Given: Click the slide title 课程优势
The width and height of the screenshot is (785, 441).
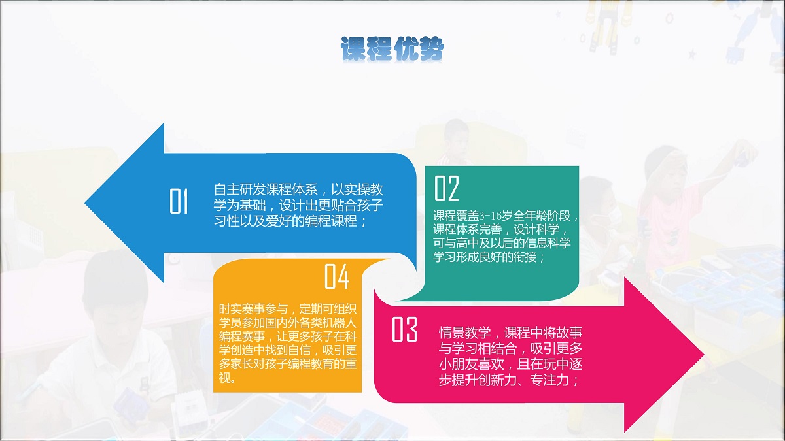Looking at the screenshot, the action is tap(392, 48).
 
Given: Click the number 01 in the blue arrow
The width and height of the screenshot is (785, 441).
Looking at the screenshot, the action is tap(179, 201).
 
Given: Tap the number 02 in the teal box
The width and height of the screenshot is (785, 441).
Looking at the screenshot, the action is tap(446, 188).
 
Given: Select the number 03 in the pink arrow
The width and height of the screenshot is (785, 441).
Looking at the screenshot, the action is tap(404, 329).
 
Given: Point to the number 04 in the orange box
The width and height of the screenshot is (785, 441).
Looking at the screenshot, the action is tap(337, 276).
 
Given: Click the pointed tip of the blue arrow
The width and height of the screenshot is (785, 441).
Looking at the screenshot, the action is tap(85, 203).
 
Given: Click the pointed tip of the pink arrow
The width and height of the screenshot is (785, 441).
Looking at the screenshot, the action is tap(704, 354).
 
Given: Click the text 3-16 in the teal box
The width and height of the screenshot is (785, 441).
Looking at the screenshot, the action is tap(490, 216).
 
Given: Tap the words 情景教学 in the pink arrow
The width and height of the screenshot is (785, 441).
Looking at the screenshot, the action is tap(464, 332).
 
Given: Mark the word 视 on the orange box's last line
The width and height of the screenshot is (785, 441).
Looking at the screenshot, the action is tap(224, 378).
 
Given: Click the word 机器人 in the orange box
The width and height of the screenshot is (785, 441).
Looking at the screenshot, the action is tap(340, 323).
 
